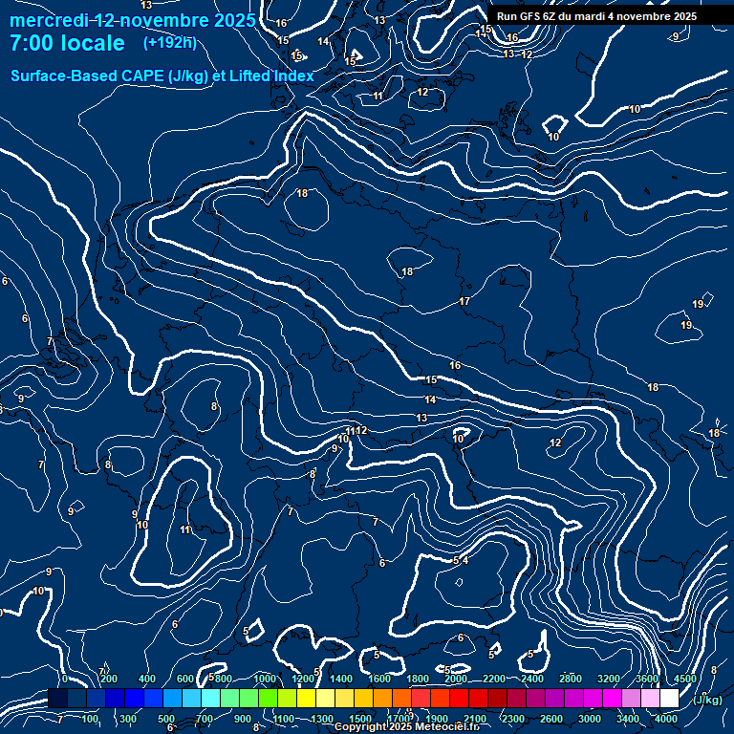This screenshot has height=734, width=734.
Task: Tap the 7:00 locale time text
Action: (67, 44)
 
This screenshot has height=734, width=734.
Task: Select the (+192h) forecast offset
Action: (169, 43)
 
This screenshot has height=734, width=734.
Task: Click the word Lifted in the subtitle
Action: (252, 76)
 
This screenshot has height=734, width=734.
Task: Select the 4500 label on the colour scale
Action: (684, 680)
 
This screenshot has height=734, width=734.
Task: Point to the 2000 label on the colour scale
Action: (456, 680)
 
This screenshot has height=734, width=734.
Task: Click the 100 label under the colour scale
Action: (90, 719)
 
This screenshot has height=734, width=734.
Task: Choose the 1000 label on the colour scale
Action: (265, 680)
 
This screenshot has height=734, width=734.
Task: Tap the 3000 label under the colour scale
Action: (590, 719)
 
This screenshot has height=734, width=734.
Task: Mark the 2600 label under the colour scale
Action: (551, 719)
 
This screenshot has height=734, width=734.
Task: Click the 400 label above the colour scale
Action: (147, 680)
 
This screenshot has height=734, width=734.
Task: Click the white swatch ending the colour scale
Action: (669, 699)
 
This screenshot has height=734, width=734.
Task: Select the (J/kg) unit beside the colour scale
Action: (707, 700)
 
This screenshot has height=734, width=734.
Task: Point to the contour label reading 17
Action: (464, 301)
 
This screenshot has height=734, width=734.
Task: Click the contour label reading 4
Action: (465, 560)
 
